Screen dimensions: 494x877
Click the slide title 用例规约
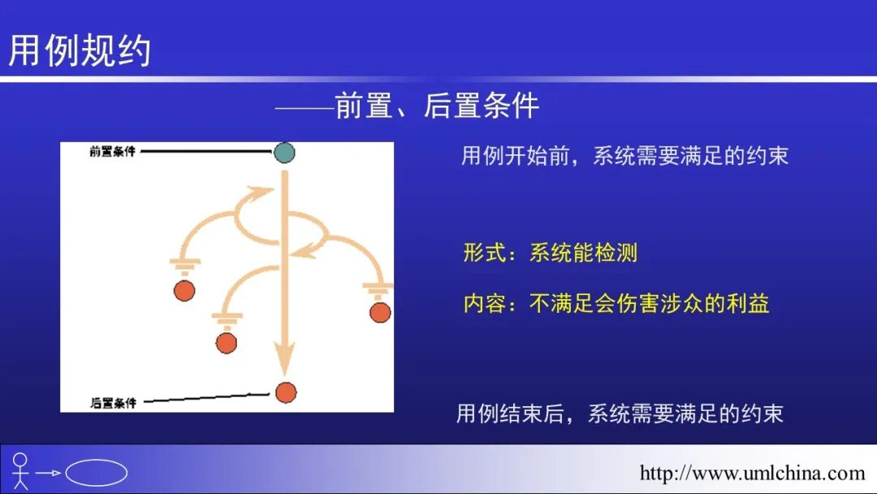[80, 50]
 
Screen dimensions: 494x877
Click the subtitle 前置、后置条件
[437, 106]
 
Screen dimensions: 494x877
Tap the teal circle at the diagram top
[284, 152]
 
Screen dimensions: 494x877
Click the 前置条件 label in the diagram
[112, 152]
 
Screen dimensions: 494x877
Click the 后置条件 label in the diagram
[112, 402]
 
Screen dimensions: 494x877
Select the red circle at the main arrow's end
[285, 392]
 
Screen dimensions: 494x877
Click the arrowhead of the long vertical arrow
[283, 358]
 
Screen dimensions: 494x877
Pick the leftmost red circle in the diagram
[184, 290]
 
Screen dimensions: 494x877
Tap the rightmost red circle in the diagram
[379, 312]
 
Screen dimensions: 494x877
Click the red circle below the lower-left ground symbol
[227, 343]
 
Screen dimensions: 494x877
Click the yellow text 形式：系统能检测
[550, 253]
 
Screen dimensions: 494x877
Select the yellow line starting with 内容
[616, 304]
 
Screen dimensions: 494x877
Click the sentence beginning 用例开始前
[624, 156]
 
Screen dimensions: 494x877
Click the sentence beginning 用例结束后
[619, 414]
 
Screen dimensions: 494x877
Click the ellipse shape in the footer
[96, 473]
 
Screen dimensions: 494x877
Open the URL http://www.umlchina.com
[752, 473]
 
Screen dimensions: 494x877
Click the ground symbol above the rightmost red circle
[377, 288]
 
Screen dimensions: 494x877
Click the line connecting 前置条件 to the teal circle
[207, 151]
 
